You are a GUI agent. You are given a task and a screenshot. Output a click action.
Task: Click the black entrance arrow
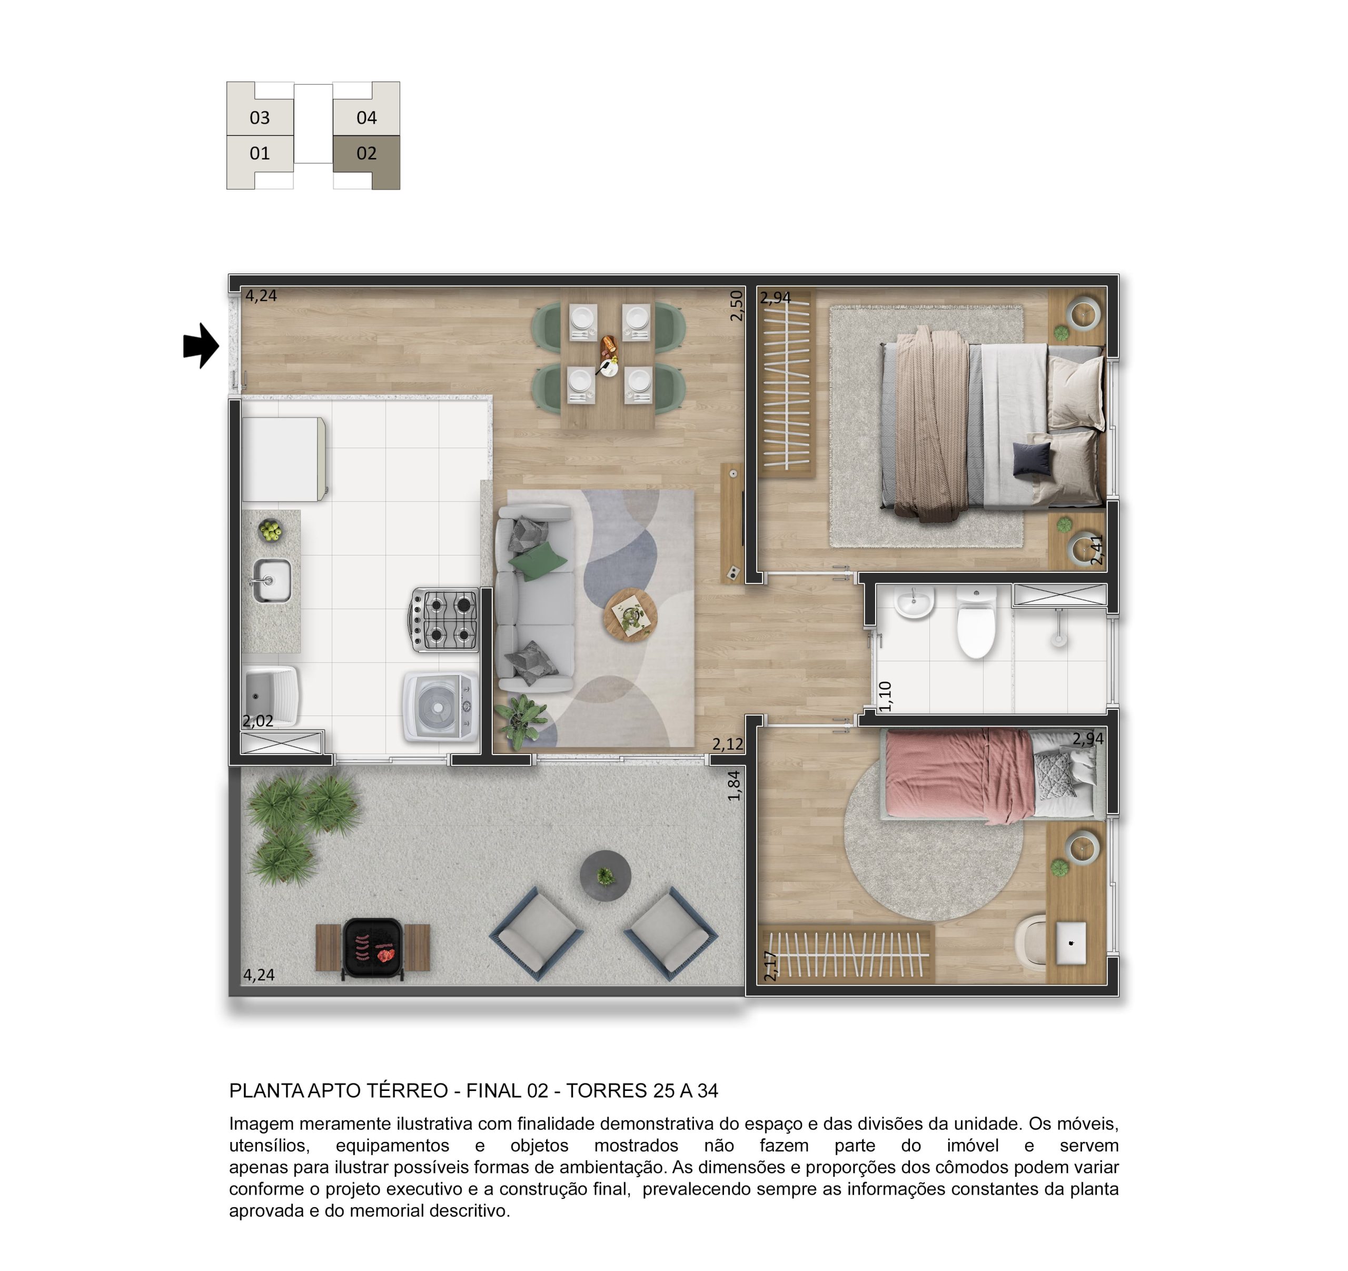(x=201, y=346)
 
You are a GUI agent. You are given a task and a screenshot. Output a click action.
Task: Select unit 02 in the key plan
(x=366, y=154)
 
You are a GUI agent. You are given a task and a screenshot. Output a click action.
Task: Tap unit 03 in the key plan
(x=260, y=118)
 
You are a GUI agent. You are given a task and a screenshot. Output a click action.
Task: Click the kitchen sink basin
(x=272, y=581)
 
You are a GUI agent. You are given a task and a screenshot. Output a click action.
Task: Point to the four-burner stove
(x=445, y=620)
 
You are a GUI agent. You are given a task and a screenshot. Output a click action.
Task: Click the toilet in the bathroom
(x=976, y=622)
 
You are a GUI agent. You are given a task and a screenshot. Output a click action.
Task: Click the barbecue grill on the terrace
(x=372, y=948)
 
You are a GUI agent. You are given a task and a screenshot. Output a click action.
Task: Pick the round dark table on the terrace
(x=606, y=876)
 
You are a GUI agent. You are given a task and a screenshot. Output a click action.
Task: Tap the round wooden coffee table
(x=631, y=615)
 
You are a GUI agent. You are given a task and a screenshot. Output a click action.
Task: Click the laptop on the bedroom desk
(x=1072, y=942)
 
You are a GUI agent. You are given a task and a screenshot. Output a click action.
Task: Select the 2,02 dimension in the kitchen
(x=259, y=721)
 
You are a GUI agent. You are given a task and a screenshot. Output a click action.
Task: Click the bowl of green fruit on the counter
(x=271, y=530)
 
